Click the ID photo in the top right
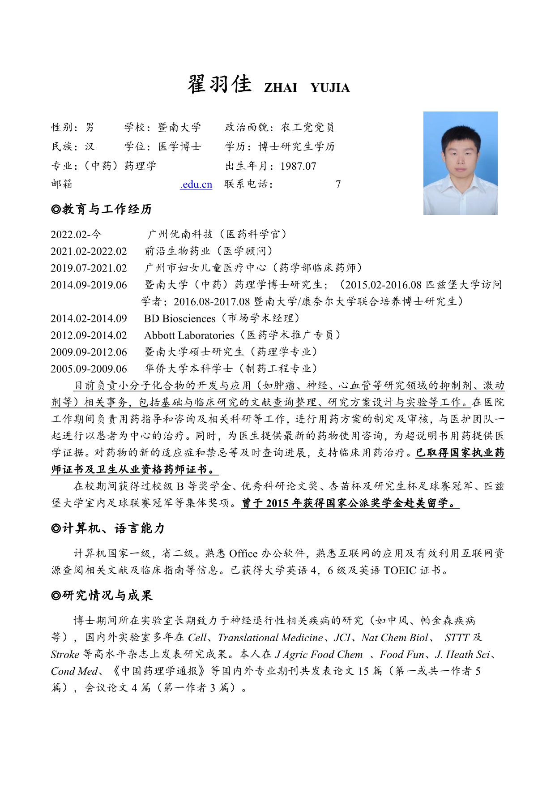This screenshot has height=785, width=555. click(460, 163)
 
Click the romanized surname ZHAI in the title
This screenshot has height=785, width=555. click(281, 88)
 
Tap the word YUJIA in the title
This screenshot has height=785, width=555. click(330, 88)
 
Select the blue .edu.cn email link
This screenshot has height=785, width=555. click(196, 184)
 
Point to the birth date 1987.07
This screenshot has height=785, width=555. click(298, 166)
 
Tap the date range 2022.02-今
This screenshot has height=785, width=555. click(76, 234)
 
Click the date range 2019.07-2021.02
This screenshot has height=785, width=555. click(89, 268)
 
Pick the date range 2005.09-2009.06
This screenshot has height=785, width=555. click(89, 369)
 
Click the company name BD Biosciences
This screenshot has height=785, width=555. click(179, 319)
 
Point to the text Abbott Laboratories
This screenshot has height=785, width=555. click(189, 335)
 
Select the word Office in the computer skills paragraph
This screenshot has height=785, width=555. click(243, 554)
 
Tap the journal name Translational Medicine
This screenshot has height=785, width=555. click(270, 638)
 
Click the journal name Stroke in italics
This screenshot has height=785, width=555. click(65, 655)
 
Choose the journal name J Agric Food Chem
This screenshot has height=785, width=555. click(319, 655)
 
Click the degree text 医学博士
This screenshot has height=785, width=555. click(179, 147)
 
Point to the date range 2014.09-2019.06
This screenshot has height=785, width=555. click(89, 285)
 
